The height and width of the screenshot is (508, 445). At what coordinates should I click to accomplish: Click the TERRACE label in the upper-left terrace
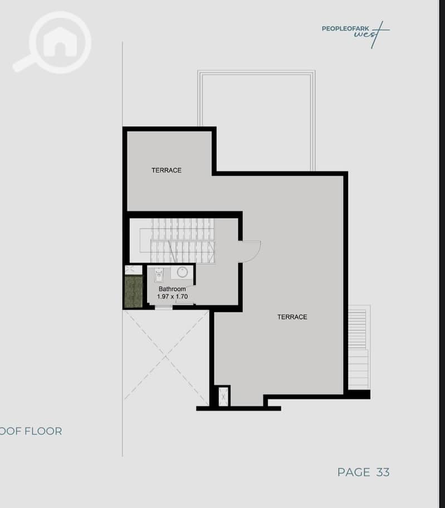167,170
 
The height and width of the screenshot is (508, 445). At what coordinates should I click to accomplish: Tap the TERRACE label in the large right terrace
292,317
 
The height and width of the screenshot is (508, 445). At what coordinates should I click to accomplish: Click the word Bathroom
172,289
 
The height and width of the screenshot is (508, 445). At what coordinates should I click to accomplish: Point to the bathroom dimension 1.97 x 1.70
172,296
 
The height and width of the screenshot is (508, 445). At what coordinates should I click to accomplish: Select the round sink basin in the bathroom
182,272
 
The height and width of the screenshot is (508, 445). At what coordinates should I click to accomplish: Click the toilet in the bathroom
159,275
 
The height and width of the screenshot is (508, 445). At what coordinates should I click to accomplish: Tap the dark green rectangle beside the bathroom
134,291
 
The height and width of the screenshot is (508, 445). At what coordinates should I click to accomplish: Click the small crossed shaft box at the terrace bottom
223,397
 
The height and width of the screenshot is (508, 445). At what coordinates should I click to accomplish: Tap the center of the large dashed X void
166,356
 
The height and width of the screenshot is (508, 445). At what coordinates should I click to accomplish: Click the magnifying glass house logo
52,42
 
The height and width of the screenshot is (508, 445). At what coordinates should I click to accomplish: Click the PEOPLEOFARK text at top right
345,28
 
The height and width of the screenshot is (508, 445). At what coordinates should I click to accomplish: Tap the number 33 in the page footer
383,472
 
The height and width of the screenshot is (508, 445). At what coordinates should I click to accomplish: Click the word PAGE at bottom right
354,472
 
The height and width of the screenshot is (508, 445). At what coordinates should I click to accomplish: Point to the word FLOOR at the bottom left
43,431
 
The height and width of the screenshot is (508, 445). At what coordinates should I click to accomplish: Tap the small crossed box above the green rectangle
134,270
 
